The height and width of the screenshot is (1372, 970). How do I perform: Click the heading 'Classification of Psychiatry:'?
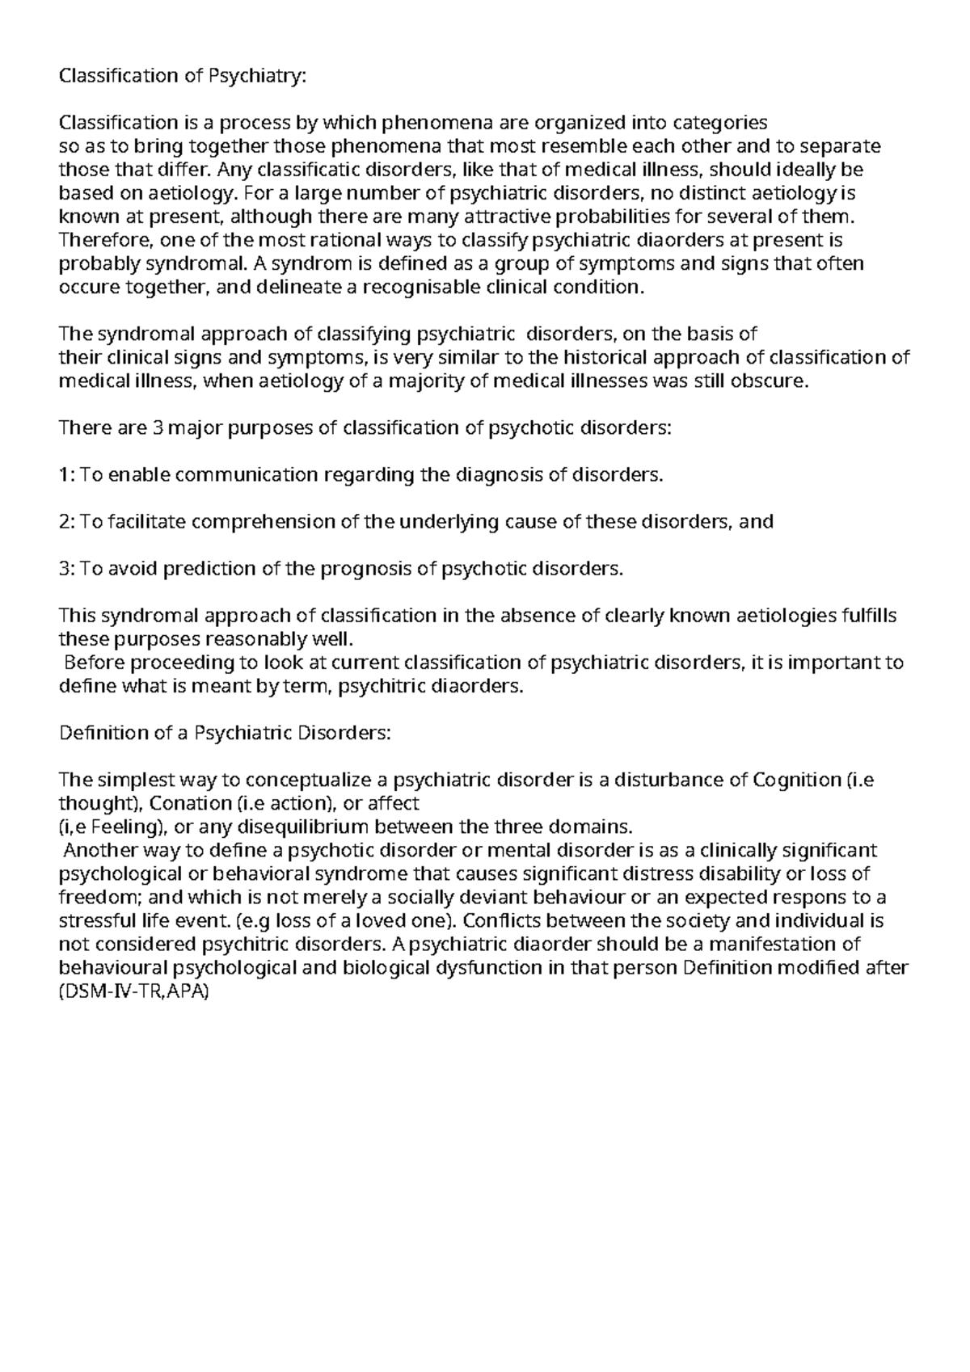183,76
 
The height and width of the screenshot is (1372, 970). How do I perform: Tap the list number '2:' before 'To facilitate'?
68,522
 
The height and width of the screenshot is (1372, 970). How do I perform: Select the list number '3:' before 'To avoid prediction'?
68,569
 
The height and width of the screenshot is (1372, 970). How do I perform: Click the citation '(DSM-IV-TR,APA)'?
134,991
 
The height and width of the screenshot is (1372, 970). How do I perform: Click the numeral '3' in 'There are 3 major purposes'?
158,428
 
